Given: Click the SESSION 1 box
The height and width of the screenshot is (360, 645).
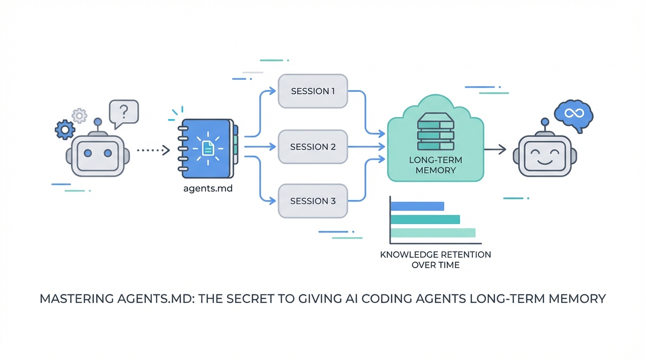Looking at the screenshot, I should [313, 91].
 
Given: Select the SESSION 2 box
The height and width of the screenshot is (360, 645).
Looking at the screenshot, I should [313, 147].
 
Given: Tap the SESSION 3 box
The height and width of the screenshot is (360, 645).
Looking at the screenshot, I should [313, 201].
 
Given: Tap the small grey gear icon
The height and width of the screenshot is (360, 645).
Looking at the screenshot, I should [79, 115].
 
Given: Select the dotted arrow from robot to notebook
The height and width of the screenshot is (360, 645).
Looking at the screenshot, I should [152, 150].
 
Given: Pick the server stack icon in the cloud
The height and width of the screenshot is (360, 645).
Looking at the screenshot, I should [435, 132].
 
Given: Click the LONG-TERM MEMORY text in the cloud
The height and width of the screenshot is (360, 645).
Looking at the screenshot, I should [435, 165].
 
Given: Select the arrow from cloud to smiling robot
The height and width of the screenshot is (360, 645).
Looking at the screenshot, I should [495, 150].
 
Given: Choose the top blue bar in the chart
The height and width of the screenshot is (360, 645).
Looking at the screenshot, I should [417, 206].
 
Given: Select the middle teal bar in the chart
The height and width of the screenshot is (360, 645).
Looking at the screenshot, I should [425, 219].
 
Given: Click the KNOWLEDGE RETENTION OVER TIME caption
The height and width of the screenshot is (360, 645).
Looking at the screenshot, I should [435, 260].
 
